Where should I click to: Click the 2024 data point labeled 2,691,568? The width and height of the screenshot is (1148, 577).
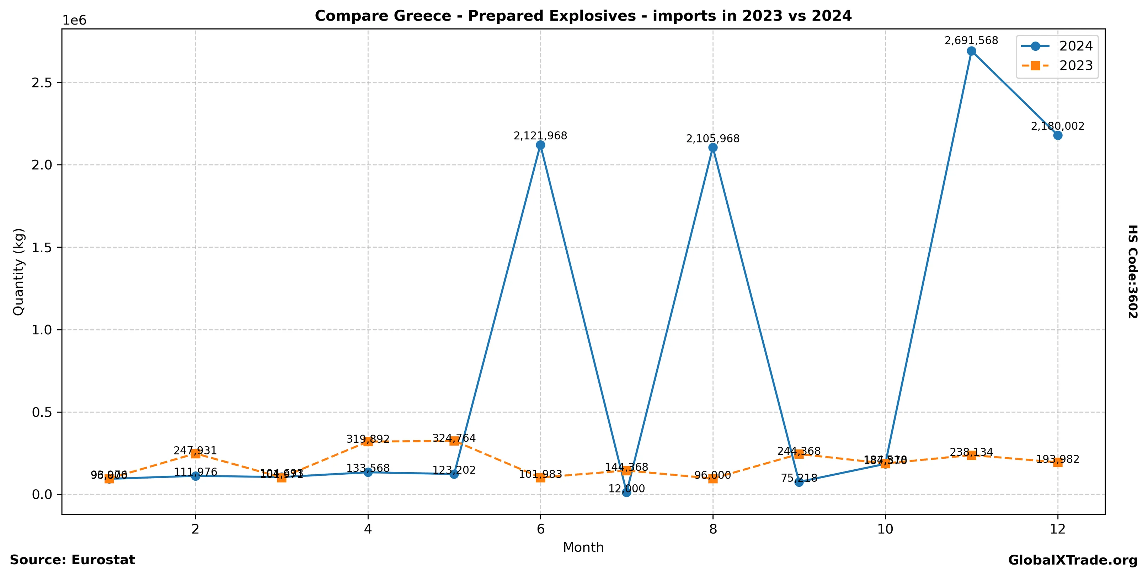coord(972,51)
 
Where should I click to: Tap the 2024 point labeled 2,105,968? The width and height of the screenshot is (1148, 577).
coord(712,147)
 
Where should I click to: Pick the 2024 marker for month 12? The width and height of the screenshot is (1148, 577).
coord(1058,135)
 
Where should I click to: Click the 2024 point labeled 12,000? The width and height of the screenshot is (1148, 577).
coord(626,492)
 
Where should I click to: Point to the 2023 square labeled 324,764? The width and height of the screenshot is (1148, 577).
coord(454,441)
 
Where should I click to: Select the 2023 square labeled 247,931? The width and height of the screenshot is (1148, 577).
coord(195,454)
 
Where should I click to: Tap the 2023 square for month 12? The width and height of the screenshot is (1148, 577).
coord(1058,462)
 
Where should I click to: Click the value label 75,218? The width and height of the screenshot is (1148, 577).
coord(799,478)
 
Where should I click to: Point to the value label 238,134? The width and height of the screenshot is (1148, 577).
coord(972,452)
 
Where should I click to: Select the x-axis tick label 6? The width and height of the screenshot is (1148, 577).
coord(540,529)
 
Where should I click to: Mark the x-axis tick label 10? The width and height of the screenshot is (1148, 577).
coord(885,529)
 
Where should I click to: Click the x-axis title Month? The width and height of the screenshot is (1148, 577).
coord(583,547)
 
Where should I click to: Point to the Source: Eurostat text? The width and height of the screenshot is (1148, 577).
coord(72,560)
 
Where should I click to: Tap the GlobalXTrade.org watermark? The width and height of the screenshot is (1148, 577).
coord(1073,561)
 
